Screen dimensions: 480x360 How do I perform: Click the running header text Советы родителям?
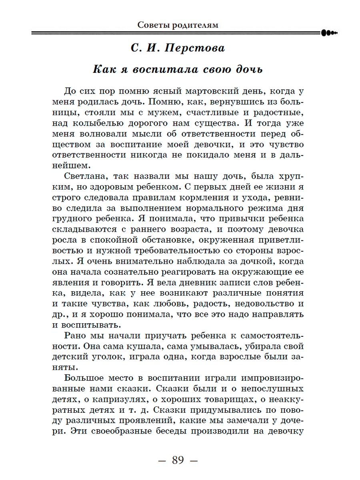[178, 24]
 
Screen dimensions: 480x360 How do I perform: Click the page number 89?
[178, 460]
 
